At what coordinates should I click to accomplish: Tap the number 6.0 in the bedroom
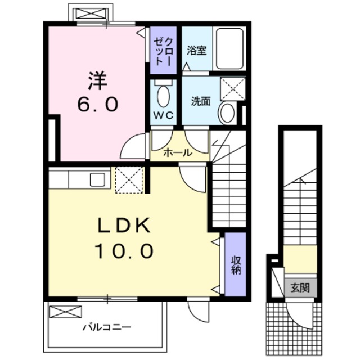tap(97, 105)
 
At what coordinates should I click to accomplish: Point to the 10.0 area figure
tap(124, 251)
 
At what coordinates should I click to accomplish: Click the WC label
tap(163, 114)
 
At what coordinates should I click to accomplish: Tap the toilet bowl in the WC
tap(163, 96)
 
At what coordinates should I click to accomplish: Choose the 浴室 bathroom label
tap(196, 50)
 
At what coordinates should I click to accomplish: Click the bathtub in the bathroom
tap(229, 49)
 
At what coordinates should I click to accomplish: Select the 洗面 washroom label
tap(201, 101)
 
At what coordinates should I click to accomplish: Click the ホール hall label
tap(178, 153)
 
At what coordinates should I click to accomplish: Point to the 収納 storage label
tap(235, 264)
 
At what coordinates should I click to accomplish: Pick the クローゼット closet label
tap(164, 49)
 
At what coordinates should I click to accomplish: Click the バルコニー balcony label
tap(107, 326)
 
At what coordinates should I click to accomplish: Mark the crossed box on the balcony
tap(65, 312)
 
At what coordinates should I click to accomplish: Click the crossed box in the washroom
tap(232, 88)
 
